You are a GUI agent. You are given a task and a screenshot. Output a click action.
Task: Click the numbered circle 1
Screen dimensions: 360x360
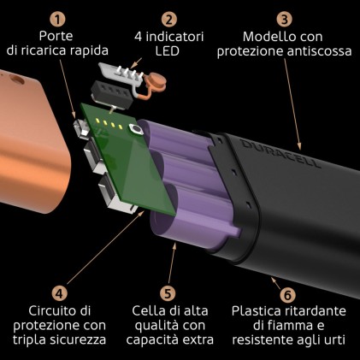pyautogui.click(x=57, y=18)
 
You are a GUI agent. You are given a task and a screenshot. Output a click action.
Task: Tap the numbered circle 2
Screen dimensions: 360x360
pyautogui.click(x=169, y=18)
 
